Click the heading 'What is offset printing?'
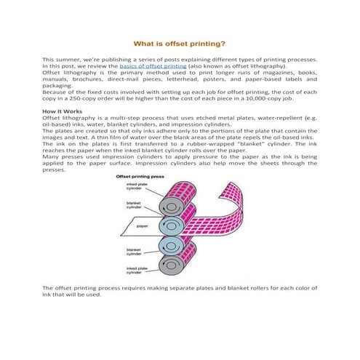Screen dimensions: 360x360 [x=180, y=44]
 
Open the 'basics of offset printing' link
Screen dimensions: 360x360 [x=140, y=66]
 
